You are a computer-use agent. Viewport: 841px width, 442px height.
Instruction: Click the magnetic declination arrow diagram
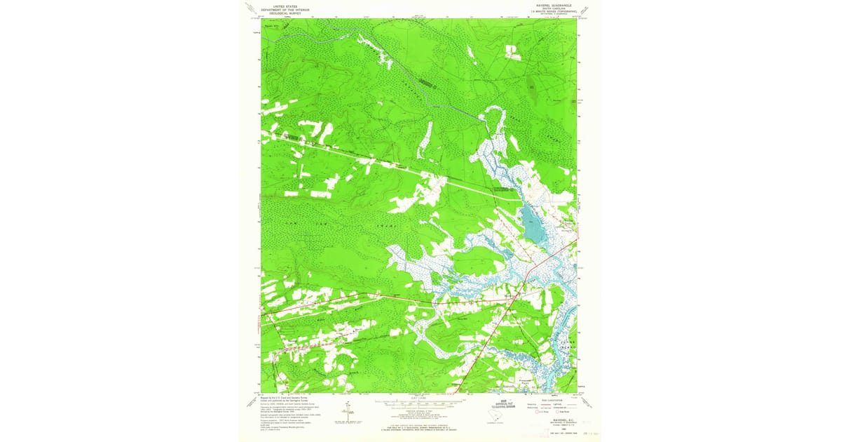(348, 412)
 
